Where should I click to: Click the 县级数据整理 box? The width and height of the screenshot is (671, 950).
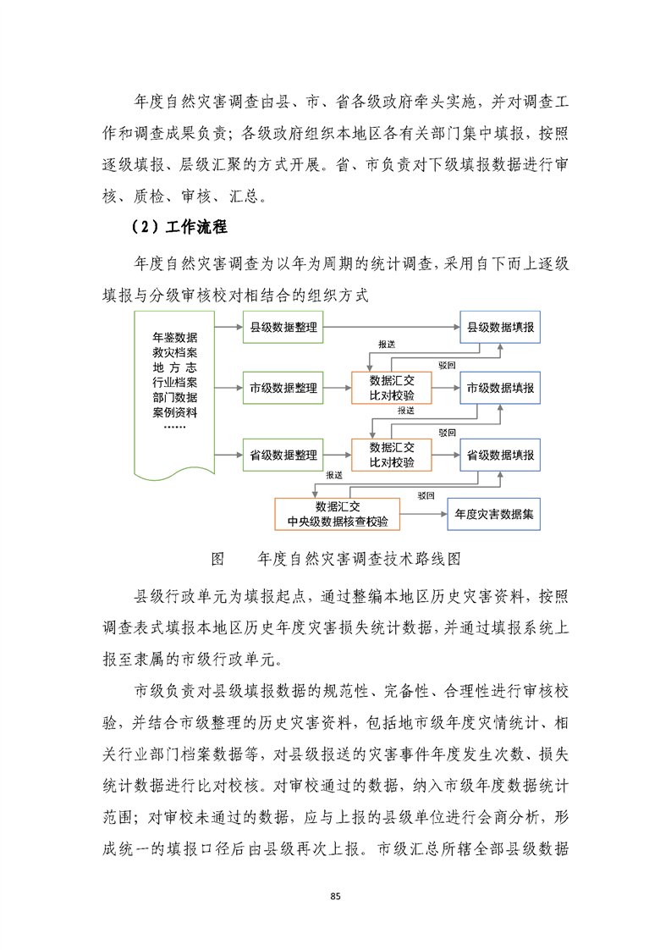tap(283, 328)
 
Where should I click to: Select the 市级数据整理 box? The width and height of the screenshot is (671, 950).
tap(283, 389)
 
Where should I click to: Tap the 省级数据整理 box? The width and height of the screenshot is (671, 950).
tap(283, 455)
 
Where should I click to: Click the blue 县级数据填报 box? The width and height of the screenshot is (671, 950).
tap(499, 328)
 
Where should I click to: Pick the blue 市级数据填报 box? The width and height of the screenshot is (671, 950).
tap(499, 389)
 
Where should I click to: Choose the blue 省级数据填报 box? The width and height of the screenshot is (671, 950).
tap(499, 455)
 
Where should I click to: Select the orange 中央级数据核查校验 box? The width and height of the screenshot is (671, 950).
tap(338, 513)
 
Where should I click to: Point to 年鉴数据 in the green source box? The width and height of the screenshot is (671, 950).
tap(175, 336)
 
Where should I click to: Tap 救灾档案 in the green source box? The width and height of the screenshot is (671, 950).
tap(175, 351)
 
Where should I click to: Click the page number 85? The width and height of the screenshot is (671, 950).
tap(335, 896)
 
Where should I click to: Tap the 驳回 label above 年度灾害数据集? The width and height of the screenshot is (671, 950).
tap(426, 494)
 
